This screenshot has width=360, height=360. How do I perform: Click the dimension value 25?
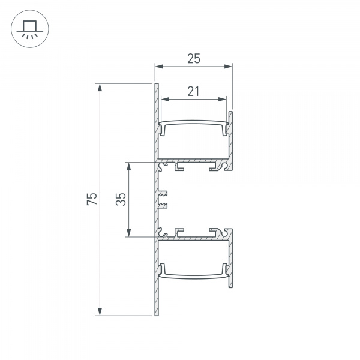point(193,58)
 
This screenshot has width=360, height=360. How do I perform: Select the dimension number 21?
point(193,91)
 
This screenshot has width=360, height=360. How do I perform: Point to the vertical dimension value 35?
point(121,200)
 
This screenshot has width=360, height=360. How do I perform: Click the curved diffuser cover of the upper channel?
point(194,124)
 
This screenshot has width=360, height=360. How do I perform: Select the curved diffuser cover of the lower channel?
point(194,276)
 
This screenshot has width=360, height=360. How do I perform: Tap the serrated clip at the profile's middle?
point(163,200)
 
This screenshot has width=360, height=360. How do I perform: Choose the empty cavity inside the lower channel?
point(194,257)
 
